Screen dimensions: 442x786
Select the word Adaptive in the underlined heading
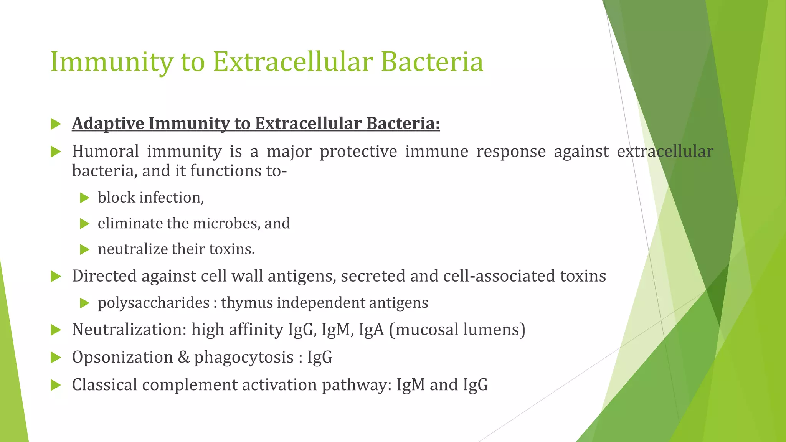108,124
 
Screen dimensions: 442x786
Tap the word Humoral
105,151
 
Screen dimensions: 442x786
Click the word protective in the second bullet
358,151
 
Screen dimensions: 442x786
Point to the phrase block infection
150,198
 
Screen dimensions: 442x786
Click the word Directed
104,276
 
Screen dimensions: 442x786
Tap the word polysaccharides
154,303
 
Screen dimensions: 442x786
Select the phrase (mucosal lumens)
457,330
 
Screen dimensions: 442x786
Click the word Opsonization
122,357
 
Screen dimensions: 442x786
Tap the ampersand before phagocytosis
184,357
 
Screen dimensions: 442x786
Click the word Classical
104,385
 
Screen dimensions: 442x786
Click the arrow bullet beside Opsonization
56,358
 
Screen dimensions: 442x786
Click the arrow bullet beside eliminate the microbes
84,224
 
